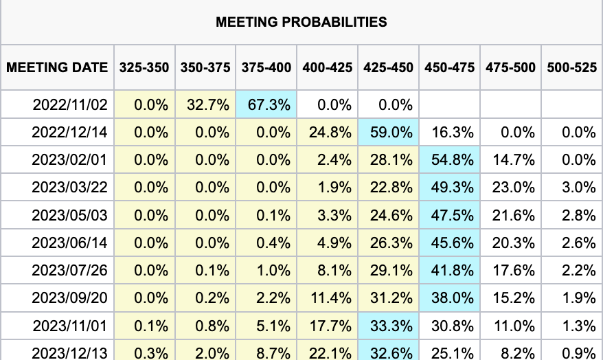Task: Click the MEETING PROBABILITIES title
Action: (301, 22)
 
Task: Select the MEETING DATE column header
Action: (57, 67)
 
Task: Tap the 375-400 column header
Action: (266, 67)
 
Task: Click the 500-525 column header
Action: (571, 67)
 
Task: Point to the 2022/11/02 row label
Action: (70, 105)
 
